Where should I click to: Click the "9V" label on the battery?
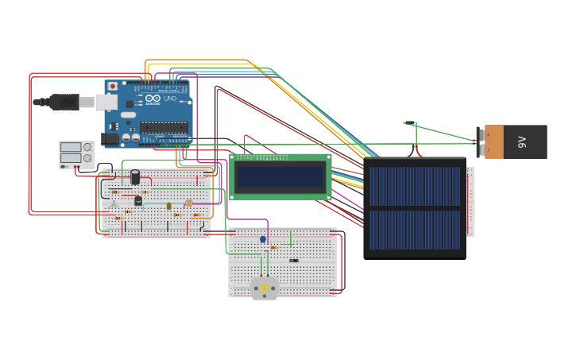coord(522,141)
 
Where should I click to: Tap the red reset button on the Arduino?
coord(113,86)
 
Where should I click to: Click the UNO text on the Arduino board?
coord(170,99)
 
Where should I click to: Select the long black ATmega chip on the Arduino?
coord(164,127)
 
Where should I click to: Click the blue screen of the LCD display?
coord(280,176)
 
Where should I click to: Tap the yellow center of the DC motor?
coord(265,288)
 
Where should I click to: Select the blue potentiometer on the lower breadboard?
coord(263,239)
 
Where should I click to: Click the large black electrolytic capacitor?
coord(135,176)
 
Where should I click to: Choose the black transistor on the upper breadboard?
coord(138,201)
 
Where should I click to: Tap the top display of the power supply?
coord(71,147)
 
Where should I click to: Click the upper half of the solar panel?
coord(414,185)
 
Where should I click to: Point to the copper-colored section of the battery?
coord(494,141)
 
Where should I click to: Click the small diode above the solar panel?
coord(410,122)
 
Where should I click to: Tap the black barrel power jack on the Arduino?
coord(111,138)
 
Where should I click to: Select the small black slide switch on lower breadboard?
coord(294,260)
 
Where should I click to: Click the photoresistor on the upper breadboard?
coord(188,203)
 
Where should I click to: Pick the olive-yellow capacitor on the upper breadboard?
coord(168,207)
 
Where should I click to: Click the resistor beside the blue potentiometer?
coord(274,247)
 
